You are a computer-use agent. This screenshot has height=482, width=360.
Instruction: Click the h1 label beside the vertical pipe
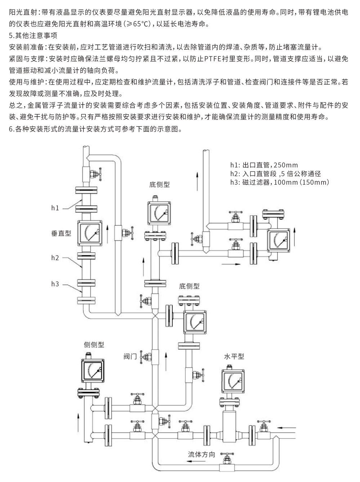tap(55, 208)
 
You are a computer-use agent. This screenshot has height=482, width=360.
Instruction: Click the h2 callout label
tap(55, 258)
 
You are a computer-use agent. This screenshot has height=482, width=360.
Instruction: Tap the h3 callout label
tap(55, 284)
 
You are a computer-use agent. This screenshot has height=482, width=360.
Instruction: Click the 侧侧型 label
tap(94, 344)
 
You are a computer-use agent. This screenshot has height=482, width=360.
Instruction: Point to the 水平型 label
tap(234, 356)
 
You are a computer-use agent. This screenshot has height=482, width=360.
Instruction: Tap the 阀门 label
tap(130, 357)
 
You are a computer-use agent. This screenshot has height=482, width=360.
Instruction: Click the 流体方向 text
tap(202, 454)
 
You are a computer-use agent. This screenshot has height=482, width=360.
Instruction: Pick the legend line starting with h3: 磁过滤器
tap(280, 182)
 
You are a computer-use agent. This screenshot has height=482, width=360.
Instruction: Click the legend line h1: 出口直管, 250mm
tap(264, 165)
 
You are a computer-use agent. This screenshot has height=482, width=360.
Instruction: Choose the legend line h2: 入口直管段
tap(275, 174)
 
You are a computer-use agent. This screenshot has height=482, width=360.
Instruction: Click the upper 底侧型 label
tap(159, 185)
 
